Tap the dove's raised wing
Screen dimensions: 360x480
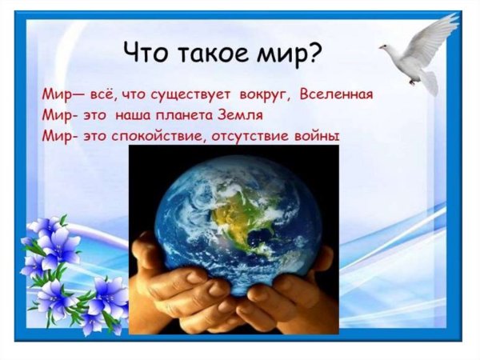click(435, 32)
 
